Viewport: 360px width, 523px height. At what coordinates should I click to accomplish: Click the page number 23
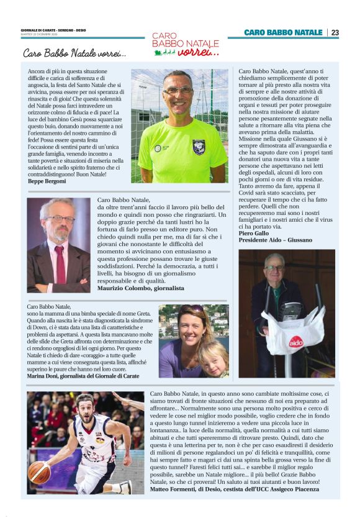335,32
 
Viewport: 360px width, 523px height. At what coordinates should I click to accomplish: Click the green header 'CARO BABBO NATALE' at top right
282,32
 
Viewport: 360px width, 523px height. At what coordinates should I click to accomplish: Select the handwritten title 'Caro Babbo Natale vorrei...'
74,53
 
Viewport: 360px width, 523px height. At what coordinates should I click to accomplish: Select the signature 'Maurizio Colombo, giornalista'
141,288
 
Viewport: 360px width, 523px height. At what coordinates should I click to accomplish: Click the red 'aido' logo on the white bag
296,342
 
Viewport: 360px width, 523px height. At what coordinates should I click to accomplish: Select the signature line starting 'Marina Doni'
84,376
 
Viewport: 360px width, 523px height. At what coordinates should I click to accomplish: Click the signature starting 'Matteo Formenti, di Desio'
235,489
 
